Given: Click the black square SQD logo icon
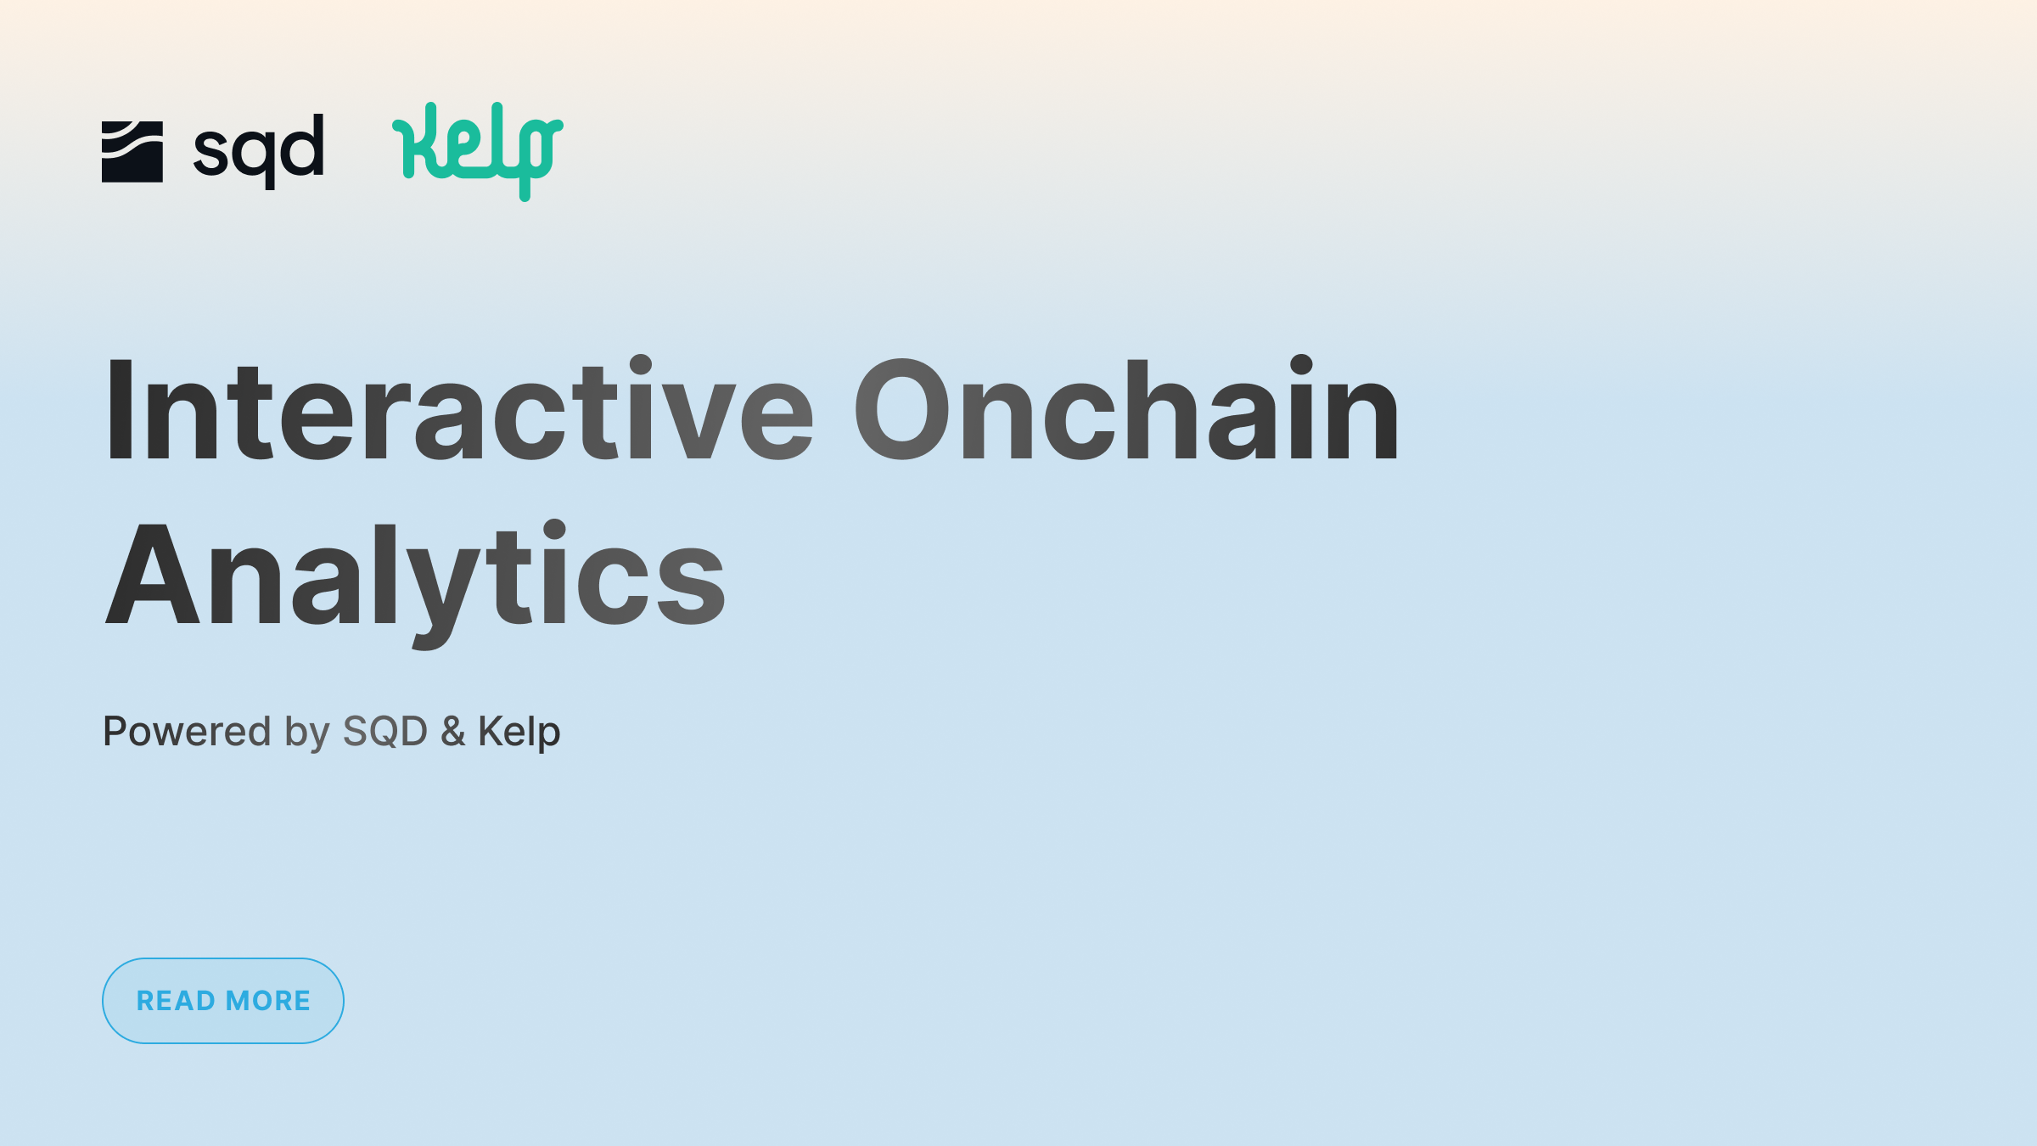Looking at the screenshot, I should tap(132, 151).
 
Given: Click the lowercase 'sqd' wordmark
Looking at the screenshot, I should tap(259, 151).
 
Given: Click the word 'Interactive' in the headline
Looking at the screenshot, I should tap(458, 410).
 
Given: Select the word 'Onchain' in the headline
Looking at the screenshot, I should tap(1126, 410).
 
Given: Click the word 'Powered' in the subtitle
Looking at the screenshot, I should tap(186, 731).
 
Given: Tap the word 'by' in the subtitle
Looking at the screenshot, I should tap(306, 733).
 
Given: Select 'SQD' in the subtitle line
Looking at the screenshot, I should tap(384, 731).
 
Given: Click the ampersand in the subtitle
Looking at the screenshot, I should tap(452, 731).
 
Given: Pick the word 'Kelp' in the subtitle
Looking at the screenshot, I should tap(519, 733).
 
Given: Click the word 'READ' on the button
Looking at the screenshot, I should tap(176, 1001).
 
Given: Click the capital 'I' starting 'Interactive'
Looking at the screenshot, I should tap(120, 410).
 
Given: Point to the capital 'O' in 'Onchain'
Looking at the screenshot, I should tap(901, 410).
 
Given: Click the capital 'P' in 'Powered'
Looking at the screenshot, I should tap(115, 731).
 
